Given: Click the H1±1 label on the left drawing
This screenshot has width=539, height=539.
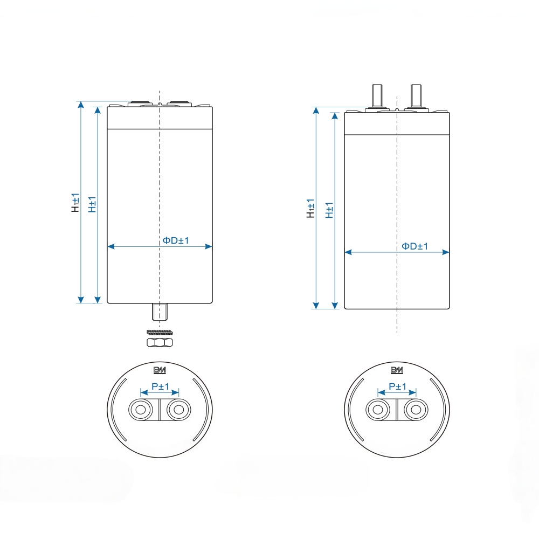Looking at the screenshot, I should pyautogui.click(x=75, y=202).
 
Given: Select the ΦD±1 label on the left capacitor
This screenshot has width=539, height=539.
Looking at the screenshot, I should pyautogui.click(x=176, y=240).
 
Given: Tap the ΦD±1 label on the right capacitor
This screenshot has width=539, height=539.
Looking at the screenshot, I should pyautogui.click(x=414, y=246).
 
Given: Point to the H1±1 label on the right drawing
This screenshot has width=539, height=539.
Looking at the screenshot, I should pyautogui.click(x=310, y=208).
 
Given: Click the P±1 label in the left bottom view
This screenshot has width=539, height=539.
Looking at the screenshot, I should pyautogui.click(x=160, y=386).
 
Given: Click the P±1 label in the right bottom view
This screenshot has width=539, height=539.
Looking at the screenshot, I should pyautogui.click(x=397, y=386).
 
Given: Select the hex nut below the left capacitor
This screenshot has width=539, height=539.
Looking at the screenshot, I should pyautogui.click(x=160, y=342).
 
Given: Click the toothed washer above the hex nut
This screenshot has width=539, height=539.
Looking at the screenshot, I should pyautogui.click(x=160, y=331).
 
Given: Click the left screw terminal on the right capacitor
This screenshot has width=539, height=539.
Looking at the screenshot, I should pyautogui.click(x=377, y=95).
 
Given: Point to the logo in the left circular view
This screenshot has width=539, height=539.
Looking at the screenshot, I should pyautogui.click(x=160, y=370).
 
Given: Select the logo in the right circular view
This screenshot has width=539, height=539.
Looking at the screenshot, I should pyautogui.click(x=397, y=370).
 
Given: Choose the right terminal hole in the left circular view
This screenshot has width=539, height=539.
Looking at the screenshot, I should pyautogui.click(x=179, y=410).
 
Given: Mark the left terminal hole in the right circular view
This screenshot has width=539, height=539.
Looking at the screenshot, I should pyautogui.click(x=377, y=410).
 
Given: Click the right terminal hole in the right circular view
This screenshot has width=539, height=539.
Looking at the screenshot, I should pyautogui.click(x=416, y=410).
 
